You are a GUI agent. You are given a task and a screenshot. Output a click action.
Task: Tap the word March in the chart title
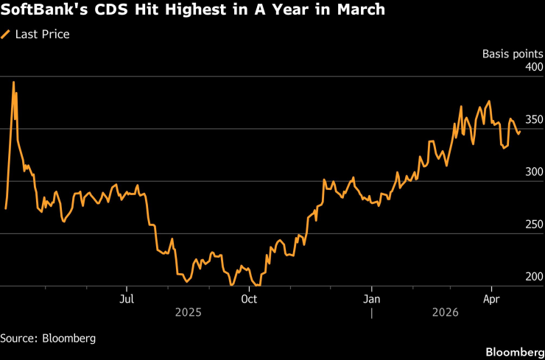click(x=359, y=11)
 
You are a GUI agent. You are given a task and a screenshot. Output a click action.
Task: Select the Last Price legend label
click(x=43, y=34)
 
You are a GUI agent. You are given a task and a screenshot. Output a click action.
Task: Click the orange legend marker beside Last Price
click(x=7, y=34)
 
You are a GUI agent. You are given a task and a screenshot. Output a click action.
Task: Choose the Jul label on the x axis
click(x=127, y=299)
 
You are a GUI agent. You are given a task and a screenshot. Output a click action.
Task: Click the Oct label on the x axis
click(x=250, y=299)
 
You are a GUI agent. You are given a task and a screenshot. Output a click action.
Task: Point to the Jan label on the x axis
click(x=372, y=299)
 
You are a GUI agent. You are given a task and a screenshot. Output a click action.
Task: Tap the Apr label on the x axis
click(x=492, y=299)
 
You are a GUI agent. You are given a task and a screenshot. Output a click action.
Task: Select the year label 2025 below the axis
click(x=189, y=313)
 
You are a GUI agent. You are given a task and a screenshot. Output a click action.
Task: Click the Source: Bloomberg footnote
click(x=48, y=338)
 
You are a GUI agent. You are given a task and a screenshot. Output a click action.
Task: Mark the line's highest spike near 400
click(x=13, y=82)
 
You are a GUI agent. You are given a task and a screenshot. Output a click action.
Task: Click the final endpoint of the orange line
click(x=520, y=133)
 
